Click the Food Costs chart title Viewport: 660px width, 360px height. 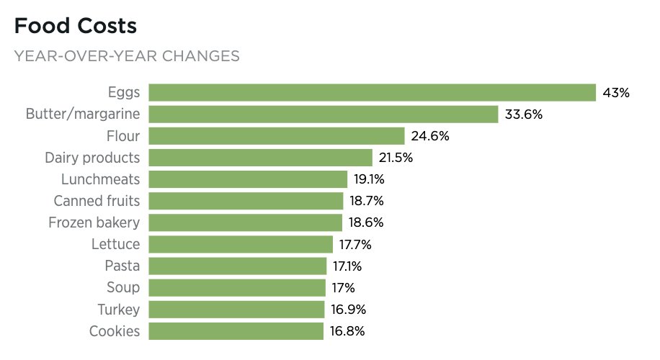point(75,27)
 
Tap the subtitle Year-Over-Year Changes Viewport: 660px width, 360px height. point(127,56)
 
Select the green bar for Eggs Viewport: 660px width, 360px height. point(372,92)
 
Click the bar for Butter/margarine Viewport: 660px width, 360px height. point(324,114)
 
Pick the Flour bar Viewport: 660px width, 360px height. point(277,136)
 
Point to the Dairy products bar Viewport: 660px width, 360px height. point(260,158)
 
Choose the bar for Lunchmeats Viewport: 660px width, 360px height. point(248,179)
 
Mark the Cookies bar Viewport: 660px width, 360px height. point(236,331)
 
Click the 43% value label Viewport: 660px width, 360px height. point(617,93)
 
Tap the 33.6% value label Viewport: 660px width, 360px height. point(524,114)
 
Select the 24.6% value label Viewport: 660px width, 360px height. point(430,136)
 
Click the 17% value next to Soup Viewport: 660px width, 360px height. point(344,288)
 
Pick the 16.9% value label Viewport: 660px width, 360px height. point(349,310)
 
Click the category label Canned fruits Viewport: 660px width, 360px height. point(97,201)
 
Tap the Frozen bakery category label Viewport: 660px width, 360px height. point(94,222)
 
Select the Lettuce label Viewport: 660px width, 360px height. point(115,244)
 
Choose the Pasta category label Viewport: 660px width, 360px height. point(122,266)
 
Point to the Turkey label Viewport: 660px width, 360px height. point(119,310)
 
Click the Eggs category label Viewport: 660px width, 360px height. point(124,92)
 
